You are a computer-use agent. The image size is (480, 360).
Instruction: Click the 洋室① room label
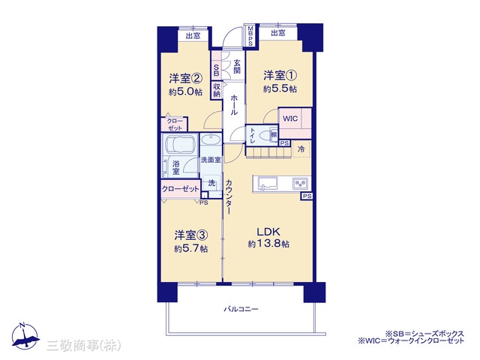click(280, 75)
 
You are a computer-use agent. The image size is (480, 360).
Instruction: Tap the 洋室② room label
click(185, 78)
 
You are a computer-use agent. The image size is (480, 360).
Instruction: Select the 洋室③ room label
click(191, 235)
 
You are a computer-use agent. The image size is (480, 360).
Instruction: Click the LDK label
click(268, 232)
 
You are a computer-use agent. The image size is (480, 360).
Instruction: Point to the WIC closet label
click(290, 118)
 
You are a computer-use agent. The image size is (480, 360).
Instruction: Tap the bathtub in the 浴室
click(180, 143)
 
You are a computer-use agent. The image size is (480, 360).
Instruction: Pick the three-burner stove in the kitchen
click(300, 183)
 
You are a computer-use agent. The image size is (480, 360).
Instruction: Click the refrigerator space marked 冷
click(301, 149)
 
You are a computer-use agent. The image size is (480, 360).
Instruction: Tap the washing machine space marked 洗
click(211, 183)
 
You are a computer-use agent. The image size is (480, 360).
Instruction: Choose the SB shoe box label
click(217, 70)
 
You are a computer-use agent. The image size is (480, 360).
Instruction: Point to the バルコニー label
click(241, 309)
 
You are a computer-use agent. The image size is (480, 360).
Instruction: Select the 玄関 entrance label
click(237, 67)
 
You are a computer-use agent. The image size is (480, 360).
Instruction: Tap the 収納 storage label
click(217, 90)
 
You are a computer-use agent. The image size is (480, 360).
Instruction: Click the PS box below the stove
click(307, 196)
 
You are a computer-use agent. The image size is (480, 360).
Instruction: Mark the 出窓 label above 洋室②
click(193, 36)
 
